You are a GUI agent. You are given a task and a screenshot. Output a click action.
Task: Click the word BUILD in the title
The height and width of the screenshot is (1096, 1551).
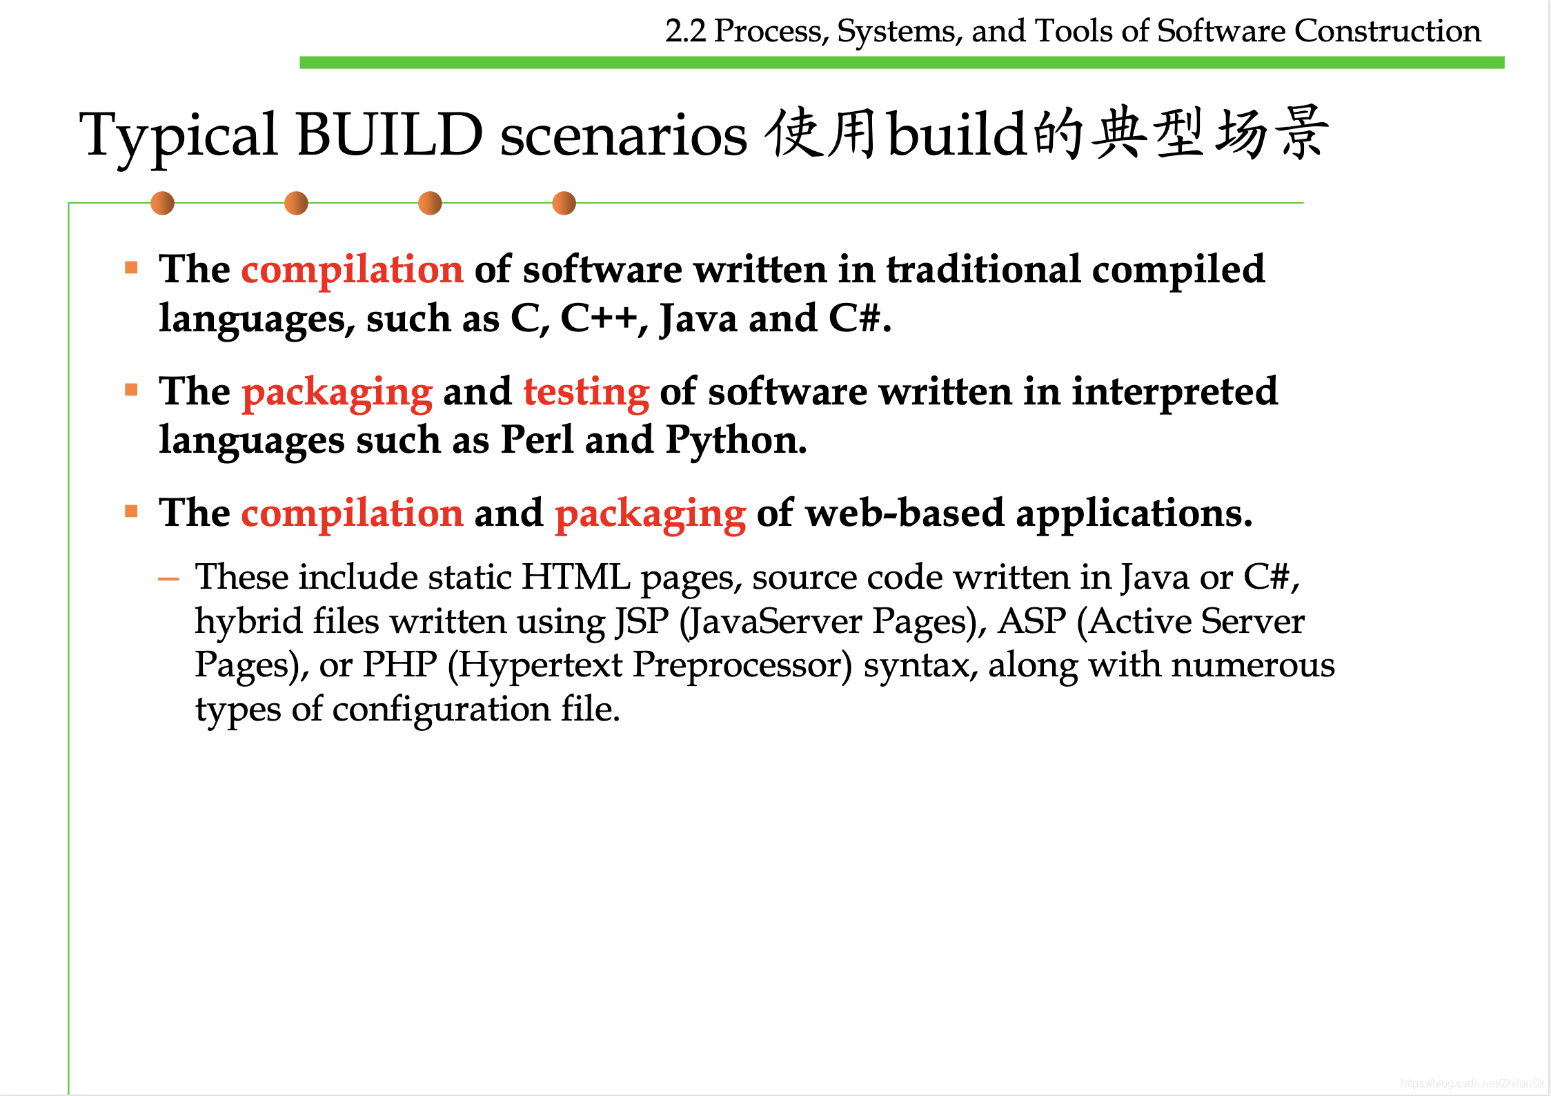[x=389, y=135]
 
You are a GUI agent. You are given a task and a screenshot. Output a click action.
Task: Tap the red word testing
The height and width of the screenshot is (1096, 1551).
[x=586, y=392]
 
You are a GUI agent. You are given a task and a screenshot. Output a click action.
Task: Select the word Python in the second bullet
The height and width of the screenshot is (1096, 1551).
[x=735, y=440]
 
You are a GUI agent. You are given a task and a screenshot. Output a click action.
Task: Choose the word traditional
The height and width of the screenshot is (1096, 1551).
[x=983, y=269]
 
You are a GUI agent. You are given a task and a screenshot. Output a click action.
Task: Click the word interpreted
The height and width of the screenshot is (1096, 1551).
[x=1174, y=392]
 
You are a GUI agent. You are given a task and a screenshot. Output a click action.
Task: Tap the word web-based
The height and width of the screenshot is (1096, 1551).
[x=905, y=513]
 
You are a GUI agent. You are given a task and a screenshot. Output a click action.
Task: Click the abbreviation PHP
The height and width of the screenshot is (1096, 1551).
[x=399, y=665]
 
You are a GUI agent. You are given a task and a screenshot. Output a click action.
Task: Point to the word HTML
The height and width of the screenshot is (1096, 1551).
[x=575, y=577]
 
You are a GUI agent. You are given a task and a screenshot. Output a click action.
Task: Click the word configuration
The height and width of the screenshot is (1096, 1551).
[x=441, y=710]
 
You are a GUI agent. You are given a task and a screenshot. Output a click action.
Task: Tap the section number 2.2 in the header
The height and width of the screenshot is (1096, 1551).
[x=685, y=31]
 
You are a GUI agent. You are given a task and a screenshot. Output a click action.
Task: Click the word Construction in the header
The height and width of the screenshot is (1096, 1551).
[x=1387, y=31]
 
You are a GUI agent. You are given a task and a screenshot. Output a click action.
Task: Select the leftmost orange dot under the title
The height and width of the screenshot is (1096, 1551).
[x=162, y=203]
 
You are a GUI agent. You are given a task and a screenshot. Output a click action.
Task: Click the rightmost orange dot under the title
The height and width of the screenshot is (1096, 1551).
[x=564, y=203]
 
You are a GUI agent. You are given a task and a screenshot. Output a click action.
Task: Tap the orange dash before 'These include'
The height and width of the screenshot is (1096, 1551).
[x=168, y=578]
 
